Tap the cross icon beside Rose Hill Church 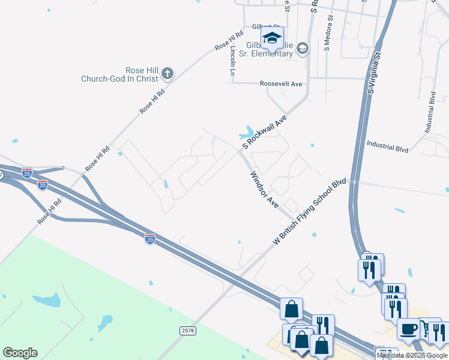click(167, 74)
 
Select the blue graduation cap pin click(272, 38)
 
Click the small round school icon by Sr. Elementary click(302, 48)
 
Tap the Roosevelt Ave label click(281, 85)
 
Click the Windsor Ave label click(265, 189)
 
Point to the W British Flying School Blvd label click(310, 211)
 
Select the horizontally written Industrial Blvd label click(388, 145)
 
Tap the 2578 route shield click(188, 331)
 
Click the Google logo click(20, 353)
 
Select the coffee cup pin click(409, 329)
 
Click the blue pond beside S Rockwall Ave click(247, 133)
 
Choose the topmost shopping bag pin click(291, 310)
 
